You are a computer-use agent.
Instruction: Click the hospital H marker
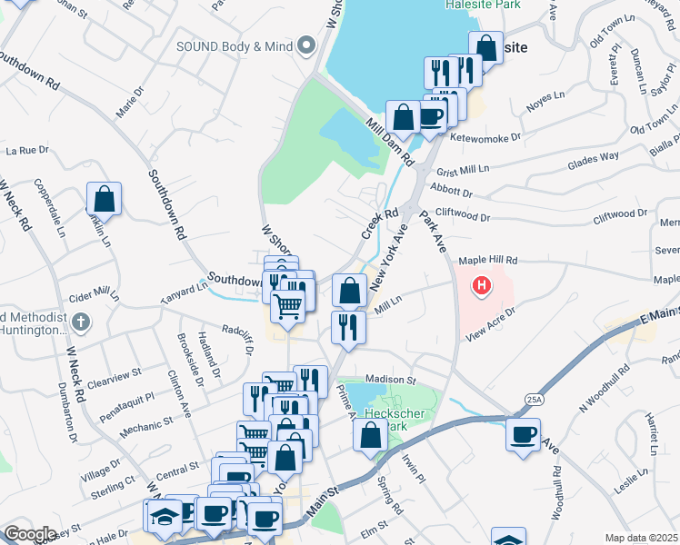coord(482,287)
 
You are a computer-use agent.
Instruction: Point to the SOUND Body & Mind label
coord(236,45)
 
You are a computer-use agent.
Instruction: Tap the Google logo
coord(30,533)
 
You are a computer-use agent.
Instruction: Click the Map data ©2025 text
coord(640,538)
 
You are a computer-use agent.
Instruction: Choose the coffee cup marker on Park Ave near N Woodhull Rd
coord(524,434)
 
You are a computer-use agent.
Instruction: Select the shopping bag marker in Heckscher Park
coord(370,435)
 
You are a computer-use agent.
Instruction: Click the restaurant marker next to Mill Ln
coord(347,327)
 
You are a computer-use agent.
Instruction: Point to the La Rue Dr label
coord(26,150)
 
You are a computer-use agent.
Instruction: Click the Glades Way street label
coord(593,156)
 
